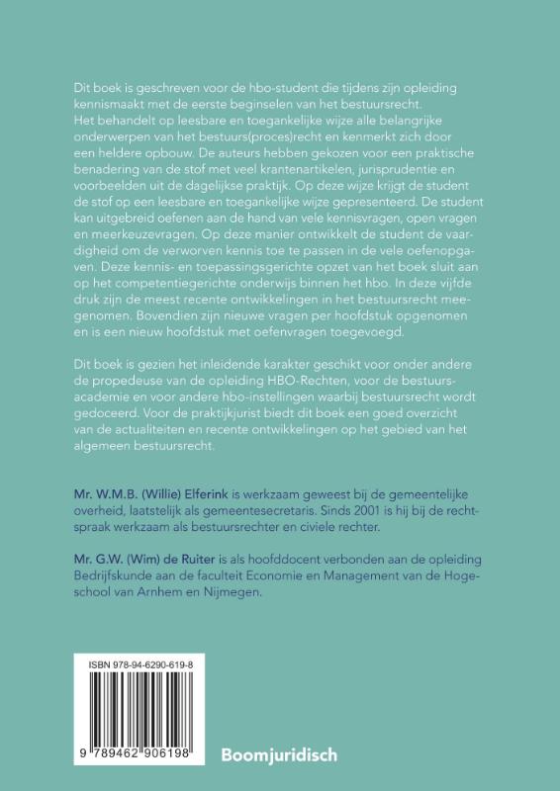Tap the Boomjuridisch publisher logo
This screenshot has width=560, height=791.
tap(279, 754)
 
